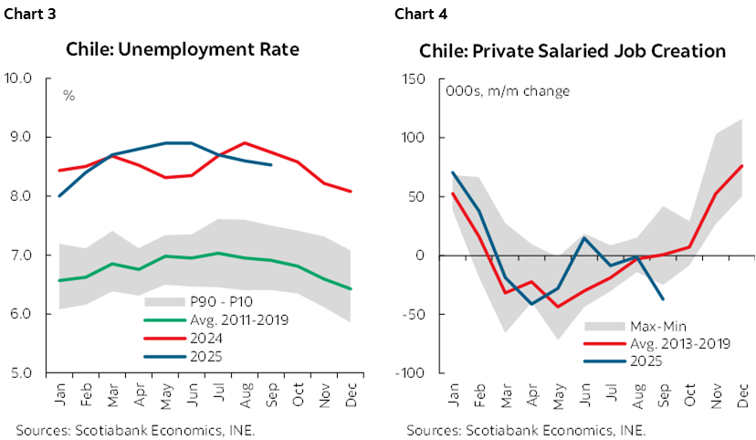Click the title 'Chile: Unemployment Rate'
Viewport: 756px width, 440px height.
pyautogui.click(x=183, y=50)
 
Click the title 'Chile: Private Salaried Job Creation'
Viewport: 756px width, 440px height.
pyautogui.click(x=572, y=50)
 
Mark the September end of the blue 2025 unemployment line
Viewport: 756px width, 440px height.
pyautogui.click(x=271, y=165)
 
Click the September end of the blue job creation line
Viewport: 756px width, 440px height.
pyautogui.click(x=662, y=299)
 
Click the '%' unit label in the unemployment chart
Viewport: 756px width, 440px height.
pyautogui.click(x=68, y=96)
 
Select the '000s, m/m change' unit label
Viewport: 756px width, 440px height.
pyautogui.click(x=508, y=91)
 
